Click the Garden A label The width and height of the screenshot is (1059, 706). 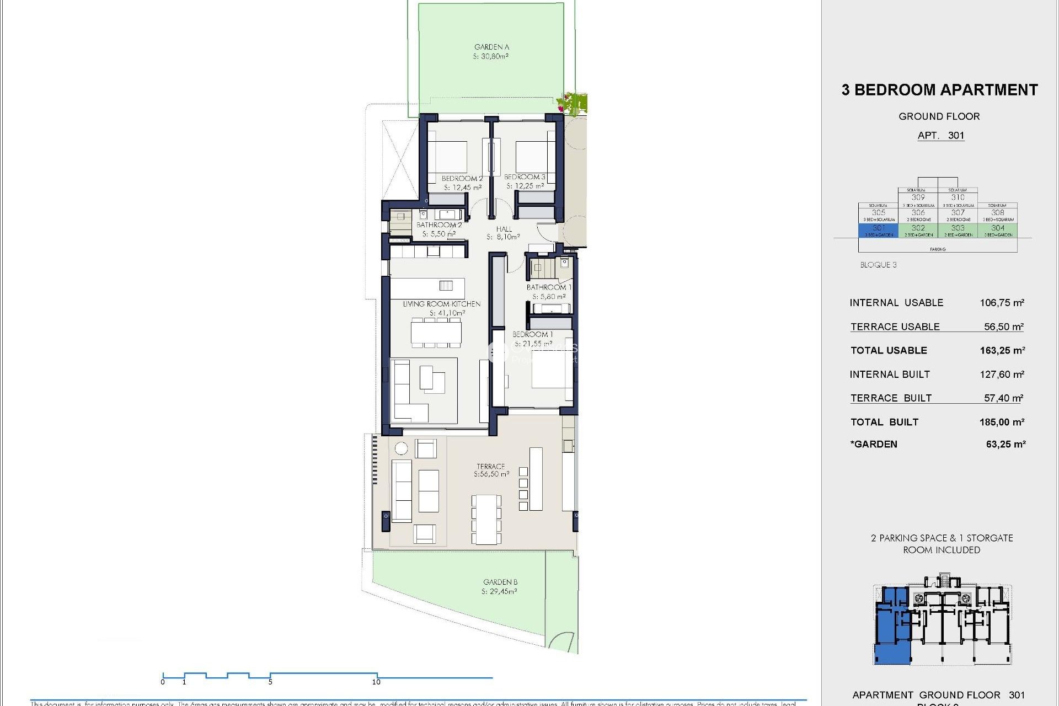tap(491, 47)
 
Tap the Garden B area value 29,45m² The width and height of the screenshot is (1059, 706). tap(499, 591)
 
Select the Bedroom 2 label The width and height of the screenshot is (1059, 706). tap(462, 179)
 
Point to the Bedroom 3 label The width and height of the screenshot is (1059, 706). tap(525, 177)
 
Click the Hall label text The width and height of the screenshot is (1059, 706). tap(504, 229)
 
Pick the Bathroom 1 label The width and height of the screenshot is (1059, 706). tap(549, 287)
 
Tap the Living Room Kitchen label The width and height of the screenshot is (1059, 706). tap(441, 304)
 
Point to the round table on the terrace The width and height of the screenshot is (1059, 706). tap(401, 448)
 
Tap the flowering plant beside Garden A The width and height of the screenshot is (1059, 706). tap(572, 103)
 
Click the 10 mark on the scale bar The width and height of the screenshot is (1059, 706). tap(376, 682)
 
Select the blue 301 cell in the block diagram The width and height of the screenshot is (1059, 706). tap(879, 230)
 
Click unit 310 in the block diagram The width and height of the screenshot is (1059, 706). tap(958, 197)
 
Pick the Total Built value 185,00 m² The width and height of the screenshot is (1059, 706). tap(1002, 422)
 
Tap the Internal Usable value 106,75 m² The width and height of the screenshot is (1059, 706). tap(1002, 303)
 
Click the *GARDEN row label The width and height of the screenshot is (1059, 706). tap(874, 445)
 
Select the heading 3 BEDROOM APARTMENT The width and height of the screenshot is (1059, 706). tap(939, 90)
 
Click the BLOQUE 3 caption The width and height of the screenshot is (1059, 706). tap(878, 265)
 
